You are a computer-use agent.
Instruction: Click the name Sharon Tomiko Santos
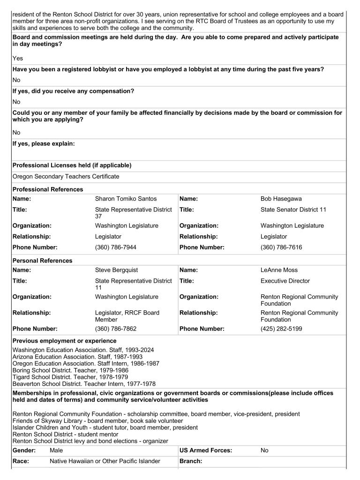[x=126, y=199]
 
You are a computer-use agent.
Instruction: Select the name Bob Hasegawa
[x=281, y=199]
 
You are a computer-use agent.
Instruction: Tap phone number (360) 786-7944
[x=115, y=247]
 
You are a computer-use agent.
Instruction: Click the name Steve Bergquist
[x=116, y=270]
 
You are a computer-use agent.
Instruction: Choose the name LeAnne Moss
[x=277, y=270]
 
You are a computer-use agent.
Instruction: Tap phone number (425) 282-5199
[x=281, y=329]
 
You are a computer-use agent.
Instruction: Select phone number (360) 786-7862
[x=115, y=329]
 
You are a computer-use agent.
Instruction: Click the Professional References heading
[x=47, y=189]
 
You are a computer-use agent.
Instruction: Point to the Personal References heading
[x=42, y=261]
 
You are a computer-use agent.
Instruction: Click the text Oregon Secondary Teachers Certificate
[x=66, y=177]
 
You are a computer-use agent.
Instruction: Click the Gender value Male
[x=56, y=450]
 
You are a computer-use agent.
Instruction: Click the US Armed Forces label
[x=206, y=450]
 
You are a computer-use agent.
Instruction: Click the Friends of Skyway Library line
[x=91, y=421]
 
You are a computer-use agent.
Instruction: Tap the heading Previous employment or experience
[x=64, y=341]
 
